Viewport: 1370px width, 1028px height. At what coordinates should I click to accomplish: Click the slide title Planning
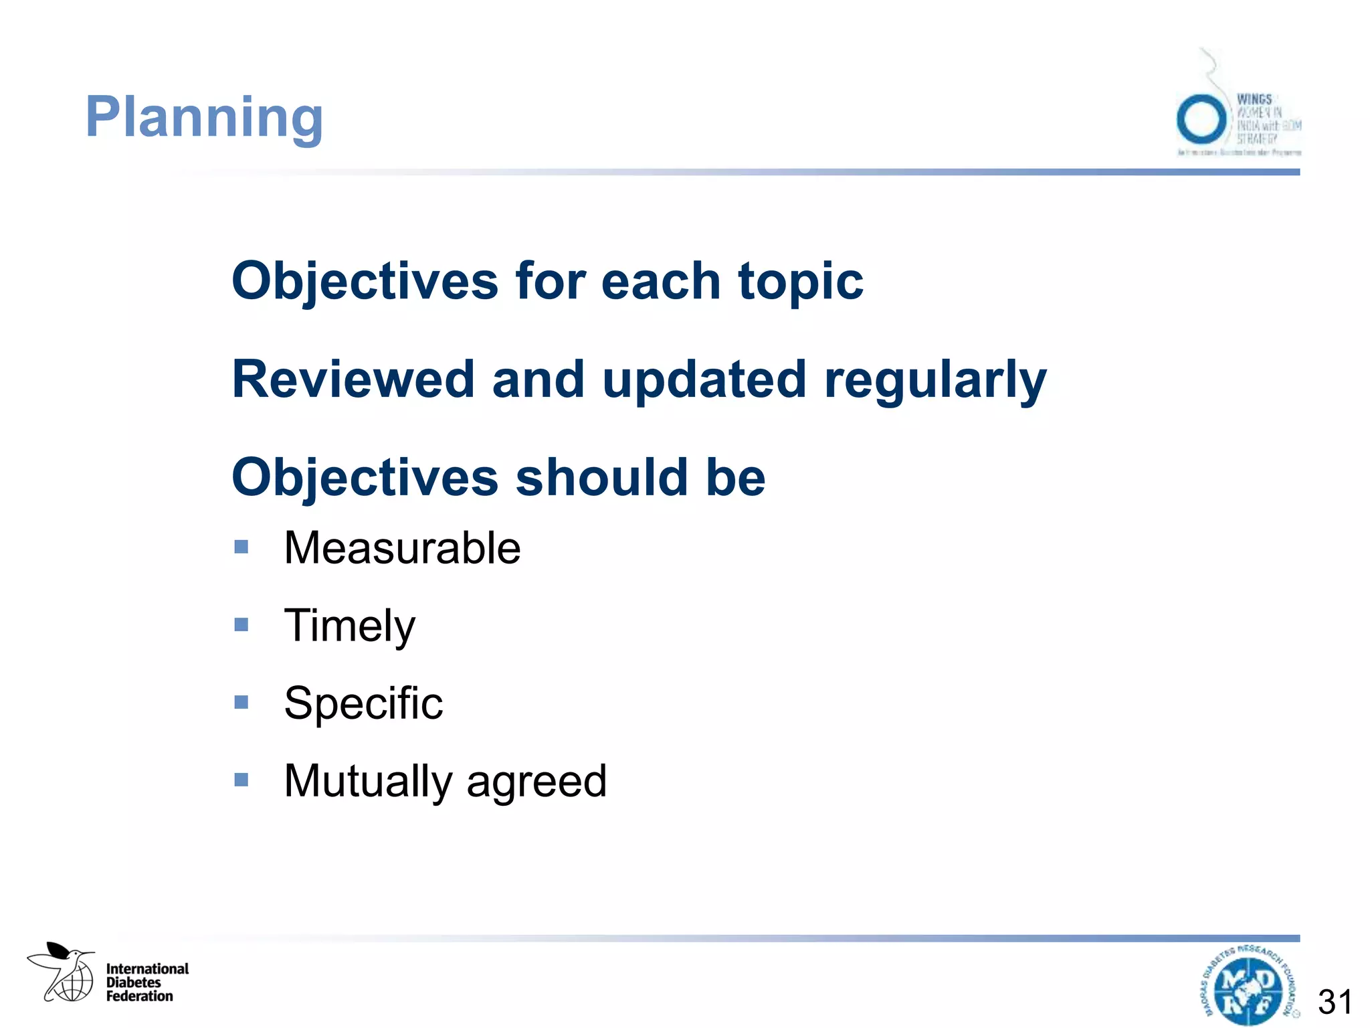tap(204, 118)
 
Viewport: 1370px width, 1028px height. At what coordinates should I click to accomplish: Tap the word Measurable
tap(402, 548)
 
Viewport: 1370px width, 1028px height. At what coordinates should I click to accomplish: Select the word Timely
tap(349, 626)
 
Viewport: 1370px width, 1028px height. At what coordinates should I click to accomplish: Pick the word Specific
tap(363, 703)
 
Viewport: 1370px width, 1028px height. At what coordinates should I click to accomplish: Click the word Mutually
tap(369, 781)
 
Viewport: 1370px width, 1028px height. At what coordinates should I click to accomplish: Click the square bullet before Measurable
tap(241, 547)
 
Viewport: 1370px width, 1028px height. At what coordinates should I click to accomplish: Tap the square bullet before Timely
tap(241, 625)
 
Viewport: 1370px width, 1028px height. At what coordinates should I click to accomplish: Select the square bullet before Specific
tap(241, 702)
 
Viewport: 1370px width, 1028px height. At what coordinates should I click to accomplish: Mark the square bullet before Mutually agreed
tap(241, 780)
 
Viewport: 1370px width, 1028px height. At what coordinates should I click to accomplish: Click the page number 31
tap(1335, 1002)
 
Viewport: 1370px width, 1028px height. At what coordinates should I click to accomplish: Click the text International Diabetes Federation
tap(146, 982)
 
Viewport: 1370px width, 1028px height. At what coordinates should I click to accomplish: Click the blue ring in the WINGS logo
tap(1201, 120)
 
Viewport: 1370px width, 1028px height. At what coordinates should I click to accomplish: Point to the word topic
tap(800, 281)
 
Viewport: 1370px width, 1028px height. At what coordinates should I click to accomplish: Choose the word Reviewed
tap(353, 379)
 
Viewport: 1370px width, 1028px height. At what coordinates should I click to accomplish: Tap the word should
tap(601, 478)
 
